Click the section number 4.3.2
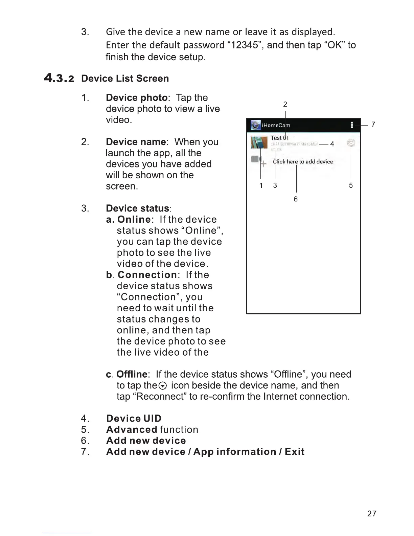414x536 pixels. [x=59, y=78]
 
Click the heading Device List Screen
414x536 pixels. [x=125, y=79]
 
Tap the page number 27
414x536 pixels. [x=371, y=513]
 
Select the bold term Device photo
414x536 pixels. [x=137, y=97]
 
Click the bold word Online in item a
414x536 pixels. [x=134, y=219]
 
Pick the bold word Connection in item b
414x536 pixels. [x=147, y=275]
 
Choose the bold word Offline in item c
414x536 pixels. [x=132, y=374]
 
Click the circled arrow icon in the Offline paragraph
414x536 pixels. [x=163, y=386]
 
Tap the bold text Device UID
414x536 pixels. [x=134, y=419]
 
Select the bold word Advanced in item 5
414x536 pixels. [x=132, y=429]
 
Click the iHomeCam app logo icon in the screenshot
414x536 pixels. [x=256, y=125]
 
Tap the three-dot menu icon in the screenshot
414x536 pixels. [x=352, y=125]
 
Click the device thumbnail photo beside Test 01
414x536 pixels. [x=259, y=142]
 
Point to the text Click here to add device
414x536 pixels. [x=303, y=162]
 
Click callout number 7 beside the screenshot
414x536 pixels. [x=373, y=125]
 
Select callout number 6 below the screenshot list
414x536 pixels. [x=296, y=199]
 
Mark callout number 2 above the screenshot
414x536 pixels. [x=285, y=104]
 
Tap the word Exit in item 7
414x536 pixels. [x=294, y=452]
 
